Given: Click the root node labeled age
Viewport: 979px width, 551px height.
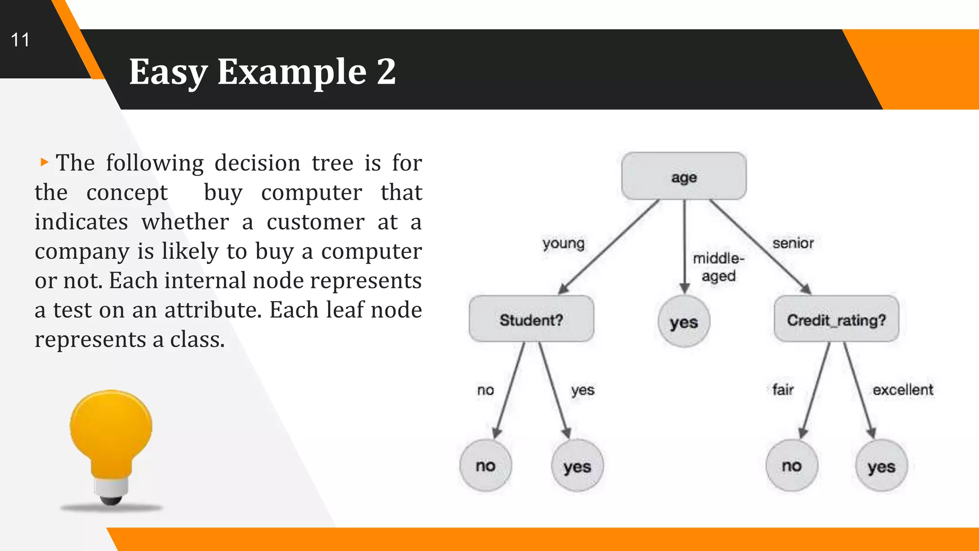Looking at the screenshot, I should click(x=684, y=176).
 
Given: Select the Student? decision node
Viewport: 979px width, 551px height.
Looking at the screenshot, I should click(x=531, y=319).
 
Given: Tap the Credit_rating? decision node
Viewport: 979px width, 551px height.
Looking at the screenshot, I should click(x=836, y=319).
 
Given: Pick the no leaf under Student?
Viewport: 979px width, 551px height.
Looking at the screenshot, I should click(x=485, y=465).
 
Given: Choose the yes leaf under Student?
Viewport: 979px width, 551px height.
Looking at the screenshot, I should click(x=577, y=466).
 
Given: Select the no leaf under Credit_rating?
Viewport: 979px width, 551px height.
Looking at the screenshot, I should click(x=792, y=465).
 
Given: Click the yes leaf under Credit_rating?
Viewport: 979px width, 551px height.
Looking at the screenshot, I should click(x=881, y=466).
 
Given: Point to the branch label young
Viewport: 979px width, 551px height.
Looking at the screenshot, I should click(x=563, y=243).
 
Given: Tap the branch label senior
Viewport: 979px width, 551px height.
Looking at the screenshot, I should click(x=793, y=243).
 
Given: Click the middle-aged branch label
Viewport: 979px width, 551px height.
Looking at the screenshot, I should click(x=718, y=267).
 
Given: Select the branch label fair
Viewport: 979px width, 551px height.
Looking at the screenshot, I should click(x=783, y=390).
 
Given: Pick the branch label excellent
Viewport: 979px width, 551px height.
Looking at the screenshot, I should click(x=903, y=390).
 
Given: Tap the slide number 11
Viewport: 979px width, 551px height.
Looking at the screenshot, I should click(x=20, y=40).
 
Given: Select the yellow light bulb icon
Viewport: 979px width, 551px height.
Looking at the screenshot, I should click(x=111, y=445).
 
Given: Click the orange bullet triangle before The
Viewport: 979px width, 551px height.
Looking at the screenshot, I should click(x=44, y=162).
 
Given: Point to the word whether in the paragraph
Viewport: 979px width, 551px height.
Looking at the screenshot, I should click(x=185, y=222).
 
